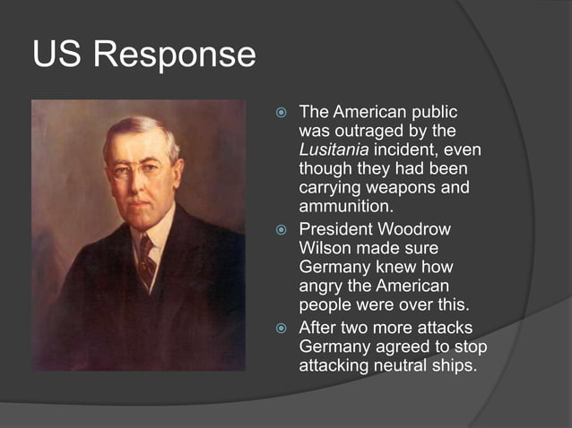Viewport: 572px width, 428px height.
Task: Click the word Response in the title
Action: [184, 56]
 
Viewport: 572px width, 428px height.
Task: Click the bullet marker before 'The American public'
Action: [281, 114]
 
